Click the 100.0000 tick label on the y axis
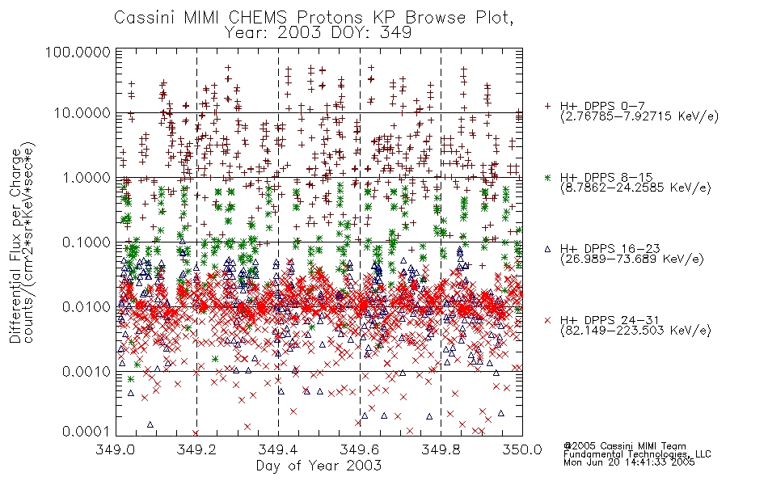(x=78, y=52)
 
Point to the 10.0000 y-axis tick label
(x=82, y=113)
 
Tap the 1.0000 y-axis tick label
(x=87, y=177)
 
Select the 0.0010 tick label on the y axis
(x=87, y=371)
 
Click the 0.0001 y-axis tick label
(x=87, y=431)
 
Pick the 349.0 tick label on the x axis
(x=116, y=449)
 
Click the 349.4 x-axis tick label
(x=279, y=449)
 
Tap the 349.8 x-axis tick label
(x=441, y=449)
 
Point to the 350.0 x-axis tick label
(x=522, y=449)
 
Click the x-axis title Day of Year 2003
(x=319, y=466)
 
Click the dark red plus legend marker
(x=547, y=106)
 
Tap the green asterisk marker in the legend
(x=547, y=177)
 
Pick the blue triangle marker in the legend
(x=547, y=249)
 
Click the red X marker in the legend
(x=547, y=320)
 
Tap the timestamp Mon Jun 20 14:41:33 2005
(x=629, y=462)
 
